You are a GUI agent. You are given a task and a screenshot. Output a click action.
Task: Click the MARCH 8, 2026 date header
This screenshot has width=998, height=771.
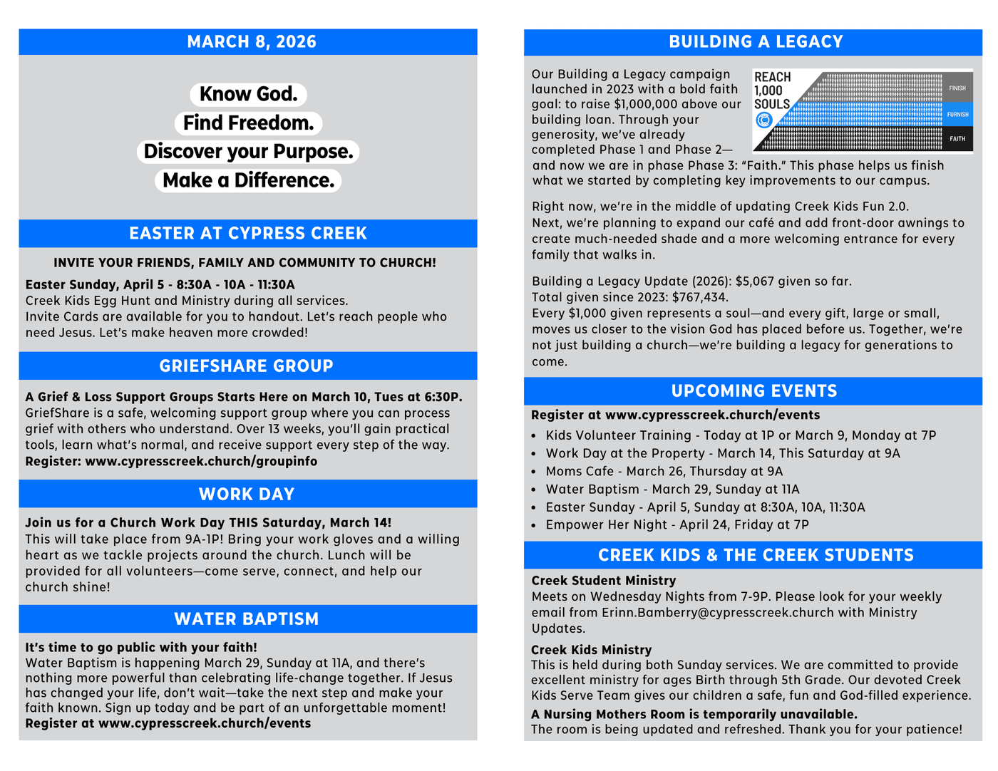pos(251,42)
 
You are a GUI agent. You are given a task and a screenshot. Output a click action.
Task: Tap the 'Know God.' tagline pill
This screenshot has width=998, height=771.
pos(248,94)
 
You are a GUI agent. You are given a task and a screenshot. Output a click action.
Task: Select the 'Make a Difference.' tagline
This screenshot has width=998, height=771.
pos(248,180)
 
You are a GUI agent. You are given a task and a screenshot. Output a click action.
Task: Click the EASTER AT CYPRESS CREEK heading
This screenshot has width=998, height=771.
pos(247,234)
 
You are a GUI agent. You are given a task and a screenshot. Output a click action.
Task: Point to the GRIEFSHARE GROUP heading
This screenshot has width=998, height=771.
pos(246,366)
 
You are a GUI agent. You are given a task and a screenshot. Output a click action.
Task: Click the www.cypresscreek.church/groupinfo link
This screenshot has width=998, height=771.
pos(201,461)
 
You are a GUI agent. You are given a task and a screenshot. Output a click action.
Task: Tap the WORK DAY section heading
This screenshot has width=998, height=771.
pos(246,495)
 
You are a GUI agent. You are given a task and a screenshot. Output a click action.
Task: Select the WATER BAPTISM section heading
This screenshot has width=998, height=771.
pos(246,619)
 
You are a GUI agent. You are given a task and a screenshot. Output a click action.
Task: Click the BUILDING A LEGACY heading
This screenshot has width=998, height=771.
pos(756,42)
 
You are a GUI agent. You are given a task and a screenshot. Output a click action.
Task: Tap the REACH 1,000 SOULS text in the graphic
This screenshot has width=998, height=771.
pos(772,90)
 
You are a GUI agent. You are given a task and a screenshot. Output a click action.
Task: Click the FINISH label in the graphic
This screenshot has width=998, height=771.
pos(957,88)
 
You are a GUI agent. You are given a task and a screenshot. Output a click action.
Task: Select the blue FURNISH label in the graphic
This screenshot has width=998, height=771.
pos(957,114)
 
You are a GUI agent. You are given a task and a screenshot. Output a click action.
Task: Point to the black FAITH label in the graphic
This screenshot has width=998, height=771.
pos(957,139)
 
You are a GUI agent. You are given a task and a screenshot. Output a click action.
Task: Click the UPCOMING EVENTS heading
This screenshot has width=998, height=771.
pos(753,391)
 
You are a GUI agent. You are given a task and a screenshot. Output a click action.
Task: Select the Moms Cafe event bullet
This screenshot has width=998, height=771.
pos(664,471)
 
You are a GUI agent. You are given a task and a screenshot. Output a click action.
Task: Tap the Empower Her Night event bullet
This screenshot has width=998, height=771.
pos(677,524)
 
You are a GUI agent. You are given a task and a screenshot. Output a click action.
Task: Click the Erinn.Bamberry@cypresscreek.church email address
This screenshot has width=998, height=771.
pos(717,613)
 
